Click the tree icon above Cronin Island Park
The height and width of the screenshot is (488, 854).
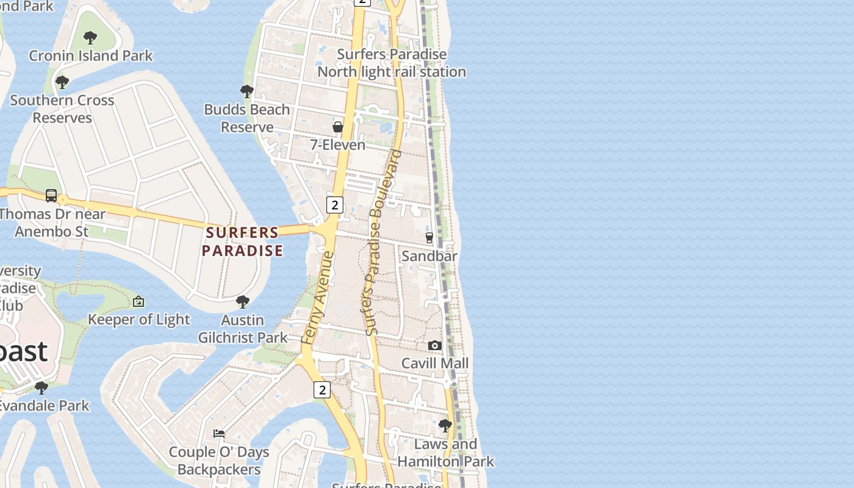[90, 38]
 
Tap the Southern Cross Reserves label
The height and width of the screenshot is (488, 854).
[62, 109]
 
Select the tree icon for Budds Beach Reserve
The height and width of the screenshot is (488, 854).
[246, 91]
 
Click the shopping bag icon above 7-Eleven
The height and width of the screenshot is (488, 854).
[337, 127]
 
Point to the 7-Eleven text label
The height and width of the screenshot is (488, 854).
[337, 145]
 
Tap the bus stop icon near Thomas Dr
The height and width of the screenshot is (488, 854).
[51, 196]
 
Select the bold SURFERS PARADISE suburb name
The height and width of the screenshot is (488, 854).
[243, 242]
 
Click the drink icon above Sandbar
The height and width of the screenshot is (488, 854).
[429, 238]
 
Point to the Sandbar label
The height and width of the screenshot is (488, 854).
[429, 256]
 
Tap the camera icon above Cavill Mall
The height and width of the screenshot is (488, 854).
[434, 346]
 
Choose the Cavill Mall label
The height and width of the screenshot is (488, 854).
[435, 364]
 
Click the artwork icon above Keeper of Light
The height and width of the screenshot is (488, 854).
[138, 301]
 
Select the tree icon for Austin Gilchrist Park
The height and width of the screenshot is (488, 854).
[243, 301]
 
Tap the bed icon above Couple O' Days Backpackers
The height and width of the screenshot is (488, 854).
[219, 434]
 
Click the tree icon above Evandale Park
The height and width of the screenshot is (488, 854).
[41, 387]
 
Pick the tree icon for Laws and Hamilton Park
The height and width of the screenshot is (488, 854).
[445, 425]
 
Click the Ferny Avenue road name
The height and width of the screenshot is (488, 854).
[318, 297]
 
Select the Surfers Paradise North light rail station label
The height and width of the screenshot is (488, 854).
[392, 63]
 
